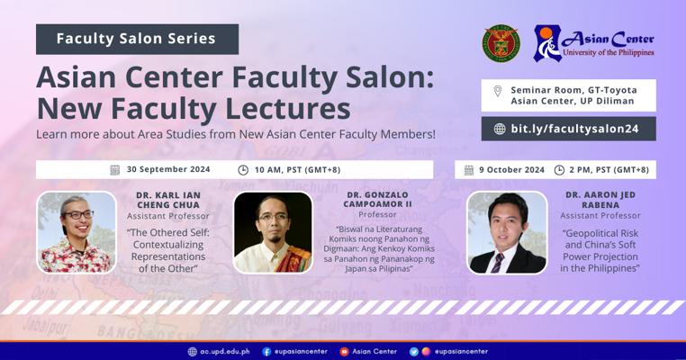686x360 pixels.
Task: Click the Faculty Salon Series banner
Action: point(137,39)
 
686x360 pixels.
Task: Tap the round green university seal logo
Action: point(501,43)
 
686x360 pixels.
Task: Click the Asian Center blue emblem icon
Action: point(547,43)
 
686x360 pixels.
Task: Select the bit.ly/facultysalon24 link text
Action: point(574,129)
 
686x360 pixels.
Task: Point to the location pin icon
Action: point(498,91)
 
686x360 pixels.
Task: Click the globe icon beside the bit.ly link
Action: point(500,129)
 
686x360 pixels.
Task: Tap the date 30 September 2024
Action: point(168,169)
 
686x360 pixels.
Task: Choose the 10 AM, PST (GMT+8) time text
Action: point(297,170)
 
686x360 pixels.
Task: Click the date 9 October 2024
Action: point(511,170)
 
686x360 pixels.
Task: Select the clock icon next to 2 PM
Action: point(559,170)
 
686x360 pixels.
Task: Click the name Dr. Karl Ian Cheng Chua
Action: point(168,200)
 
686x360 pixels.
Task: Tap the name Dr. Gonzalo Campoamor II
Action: point(377,200)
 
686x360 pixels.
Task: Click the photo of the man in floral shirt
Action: point(77,232)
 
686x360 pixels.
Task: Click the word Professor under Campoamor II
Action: point(377,214)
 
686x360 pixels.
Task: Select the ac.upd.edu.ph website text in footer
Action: point(225,351)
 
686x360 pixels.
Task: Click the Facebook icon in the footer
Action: point(266,351)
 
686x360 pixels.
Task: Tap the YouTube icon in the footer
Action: point(344,351)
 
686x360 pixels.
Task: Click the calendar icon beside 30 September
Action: point(115,170)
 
